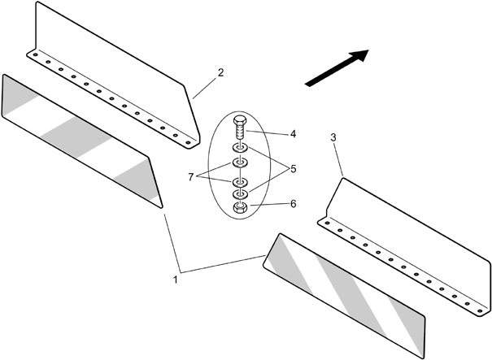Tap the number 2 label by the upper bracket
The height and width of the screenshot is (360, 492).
pos(220,73)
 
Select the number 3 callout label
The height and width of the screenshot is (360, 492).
pos(334,138)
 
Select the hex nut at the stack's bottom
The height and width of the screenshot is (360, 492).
pos(240,208)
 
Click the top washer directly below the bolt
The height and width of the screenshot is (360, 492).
pos(240,150)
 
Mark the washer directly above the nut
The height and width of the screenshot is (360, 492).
pos(240,195)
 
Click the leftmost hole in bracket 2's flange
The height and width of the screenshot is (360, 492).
pos(36,58)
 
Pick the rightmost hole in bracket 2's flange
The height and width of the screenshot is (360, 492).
pos(188,142)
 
